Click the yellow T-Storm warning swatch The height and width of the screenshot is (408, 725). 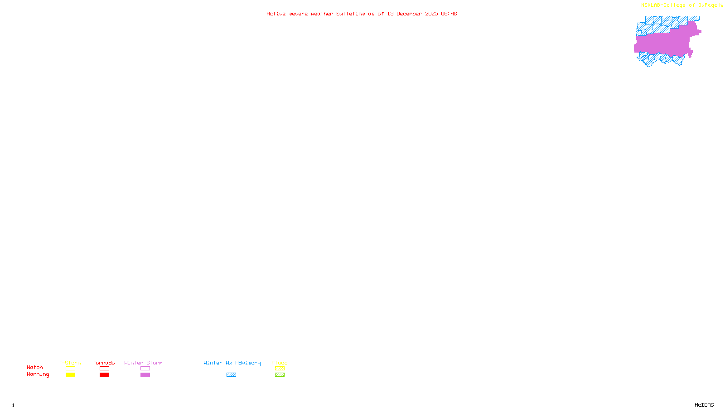(70, 375)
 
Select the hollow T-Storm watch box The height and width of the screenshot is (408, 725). (70, 369)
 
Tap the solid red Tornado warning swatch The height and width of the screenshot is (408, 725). (104, 375)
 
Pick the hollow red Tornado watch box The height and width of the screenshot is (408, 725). (104, 369)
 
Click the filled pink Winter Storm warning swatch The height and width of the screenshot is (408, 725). (145, 375)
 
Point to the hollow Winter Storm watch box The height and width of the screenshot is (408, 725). (145, 369)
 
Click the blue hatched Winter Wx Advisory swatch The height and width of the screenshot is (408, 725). (231, 375)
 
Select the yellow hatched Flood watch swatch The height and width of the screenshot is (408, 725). (280, 369)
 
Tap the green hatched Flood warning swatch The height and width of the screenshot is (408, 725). (280, 375)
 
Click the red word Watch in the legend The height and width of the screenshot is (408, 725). (35, 368)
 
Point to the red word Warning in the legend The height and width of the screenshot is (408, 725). (38, 374)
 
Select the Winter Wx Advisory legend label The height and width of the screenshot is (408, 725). (232, 363)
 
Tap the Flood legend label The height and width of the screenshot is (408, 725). (280, 363)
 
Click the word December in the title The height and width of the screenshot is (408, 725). (409, 14)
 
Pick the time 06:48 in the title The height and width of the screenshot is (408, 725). (449, 14)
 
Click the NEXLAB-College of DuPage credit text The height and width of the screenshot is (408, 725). (679, 5)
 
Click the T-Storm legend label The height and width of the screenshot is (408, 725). (70, 363)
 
